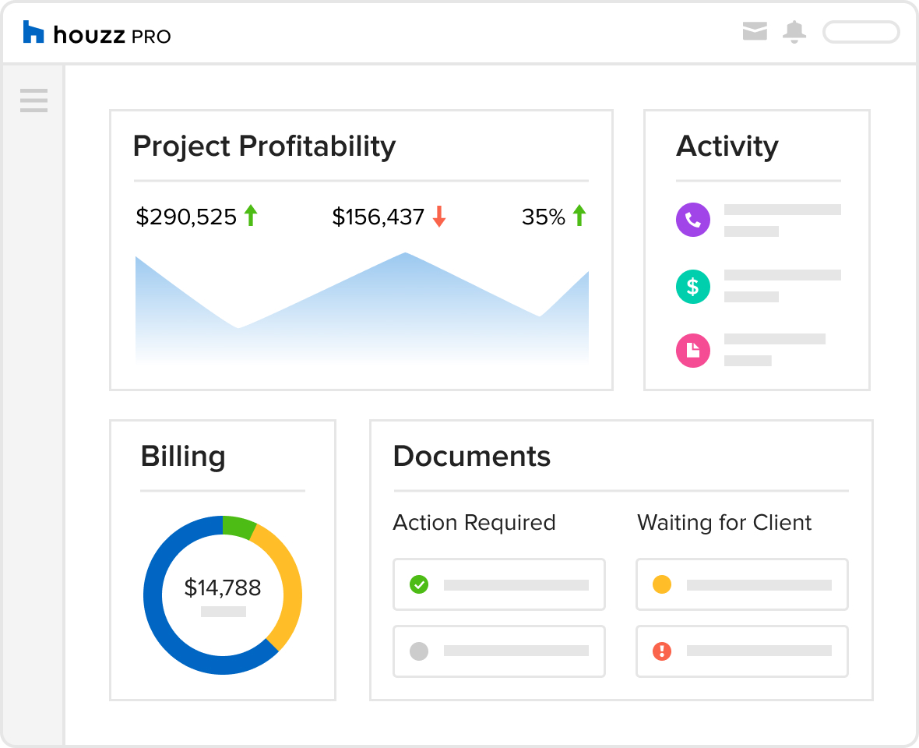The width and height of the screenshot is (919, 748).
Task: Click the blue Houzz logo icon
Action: (33, 33)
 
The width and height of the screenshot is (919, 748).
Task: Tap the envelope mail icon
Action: (755, 31)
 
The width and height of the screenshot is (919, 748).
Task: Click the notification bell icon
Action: (794, 32)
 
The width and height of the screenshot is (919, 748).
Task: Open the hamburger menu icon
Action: (33, 101)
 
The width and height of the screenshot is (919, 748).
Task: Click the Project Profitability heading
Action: (264, 146)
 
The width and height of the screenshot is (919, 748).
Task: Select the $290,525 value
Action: (186, 217)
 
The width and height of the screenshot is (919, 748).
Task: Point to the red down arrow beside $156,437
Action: (439, 217)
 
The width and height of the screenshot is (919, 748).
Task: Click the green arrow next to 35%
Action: (579, 216)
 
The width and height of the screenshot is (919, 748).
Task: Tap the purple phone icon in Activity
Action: (693, 221)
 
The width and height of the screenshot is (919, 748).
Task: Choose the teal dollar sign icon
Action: (693, 288)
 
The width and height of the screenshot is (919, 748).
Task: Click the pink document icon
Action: (693, 351)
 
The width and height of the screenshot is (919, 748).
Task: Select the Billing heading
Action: (183, 457)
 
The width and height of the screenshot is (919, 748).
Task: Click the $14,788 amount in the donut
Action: (223, 587)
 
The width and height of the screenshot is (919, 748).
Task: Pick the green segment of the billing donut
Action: (238, 527)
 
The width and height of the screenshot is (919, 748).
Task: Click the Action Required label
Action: (474, 522)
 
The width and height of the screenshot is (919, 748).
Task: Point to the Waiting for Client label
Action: (724, 522)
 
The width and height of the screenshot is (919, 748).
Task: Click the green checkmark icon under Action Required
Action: (419, 584)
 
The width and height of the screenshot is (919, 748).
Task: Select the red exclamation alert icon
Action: (662, 651)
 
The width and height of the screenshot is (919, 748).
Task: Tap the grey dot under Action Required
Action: (419, 651)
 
